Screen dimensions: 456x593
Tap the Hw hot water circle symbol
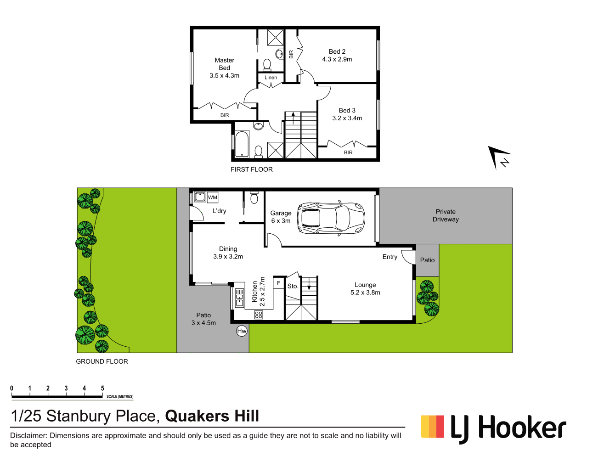coord(242,331)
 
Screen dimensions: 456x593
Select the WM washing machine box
coord(212,197)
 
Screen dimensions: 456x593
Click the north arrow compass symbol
coord(499,158)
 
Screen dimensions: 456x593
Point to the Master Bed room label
coord(224,64)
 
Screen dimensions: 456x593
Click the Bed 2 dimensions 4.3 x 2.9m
coord(337,59)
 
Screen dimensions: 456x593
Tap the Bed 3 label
coord(347,110)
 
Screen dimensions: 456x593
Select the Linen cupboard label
coord(271,78)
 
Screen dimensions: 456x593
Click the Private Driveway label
coord(446,215)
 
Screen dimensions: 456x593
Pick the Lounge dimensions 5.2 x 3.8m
coord(365,293)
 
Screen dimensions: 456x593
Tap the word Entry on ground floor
coord(390,257)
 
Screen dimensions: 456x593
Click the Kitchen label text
coord(255,292)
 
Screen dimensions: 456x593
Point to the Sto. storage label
coord(293,286)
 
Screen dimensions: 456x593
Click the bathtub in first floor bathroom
coord(242,144)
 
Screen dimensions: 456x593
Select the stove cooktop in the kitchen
coord(259,315)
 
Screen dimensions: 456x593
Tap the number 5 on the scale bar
coord(102,388)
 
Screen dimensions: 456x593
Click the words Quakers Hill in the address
coord(212,416)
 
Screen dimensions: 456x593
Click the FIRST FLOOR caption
coord(252,169)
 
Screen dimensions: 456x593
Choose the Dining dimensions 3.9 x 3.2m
coord(228,257)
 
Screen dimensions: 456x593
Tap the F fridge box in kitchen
coord(278,283)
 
